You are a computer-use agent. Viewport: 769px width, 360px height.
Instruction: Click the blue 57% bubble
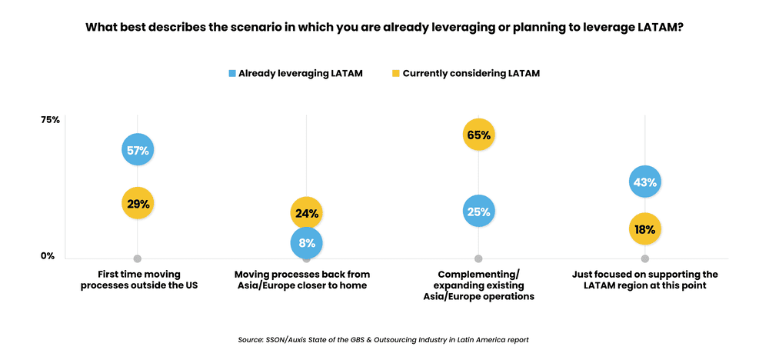click(x=138, y=150)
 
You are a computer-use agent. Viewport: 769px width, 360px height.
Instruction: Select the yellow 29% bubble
click(x=138, y=204)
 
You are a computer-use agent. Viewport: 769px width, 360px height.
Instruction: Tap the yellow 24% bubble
click(x=306, y=213)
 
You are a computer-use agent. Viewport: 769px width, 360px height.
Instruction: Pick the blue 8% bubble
click(x=306, y=243)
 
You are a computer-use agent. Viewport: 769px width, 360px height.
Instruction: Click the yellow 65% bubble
click(x=478, y=135)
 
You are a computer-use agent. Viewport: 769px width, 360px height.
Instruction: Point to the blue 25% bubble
click(x=478, y=212)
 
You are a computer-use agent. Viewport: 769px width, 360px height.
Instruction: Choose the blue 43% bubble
click(x=644, y=182)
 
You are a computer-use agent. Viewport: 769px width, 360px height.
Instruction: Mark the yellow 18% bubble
click(x=644, y=229)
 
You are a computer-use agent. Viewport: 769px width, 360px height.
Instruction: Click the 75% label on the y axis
click(x=50, y=120)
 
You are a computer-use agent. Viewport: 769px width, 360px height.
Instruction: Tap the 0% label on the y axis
click(x=48, y=256)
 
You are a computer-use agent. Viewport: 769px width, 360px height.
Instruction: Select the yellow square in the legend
click(x=396, y=74)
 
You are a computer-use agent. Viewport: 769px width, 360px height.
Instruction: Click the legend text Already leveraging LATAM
click(x=300, y=74)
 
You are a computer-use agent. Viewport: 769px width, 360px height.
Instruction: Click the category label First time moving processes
click(x=138, y=280)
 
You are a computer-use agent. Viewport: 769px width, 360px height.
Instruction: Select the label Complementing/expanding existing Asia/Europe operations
click(x=478, y=285)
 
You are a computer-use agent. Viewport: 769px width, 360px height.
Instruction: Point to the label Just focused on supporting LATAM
click(x=645, y=280)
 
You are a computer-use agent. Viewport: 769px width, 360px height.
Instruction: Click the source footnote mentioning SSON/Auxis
click(x=384, y=339)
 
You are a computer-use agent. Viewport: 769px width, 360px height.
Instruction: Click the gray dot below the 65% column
click(x=478, y=258)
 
